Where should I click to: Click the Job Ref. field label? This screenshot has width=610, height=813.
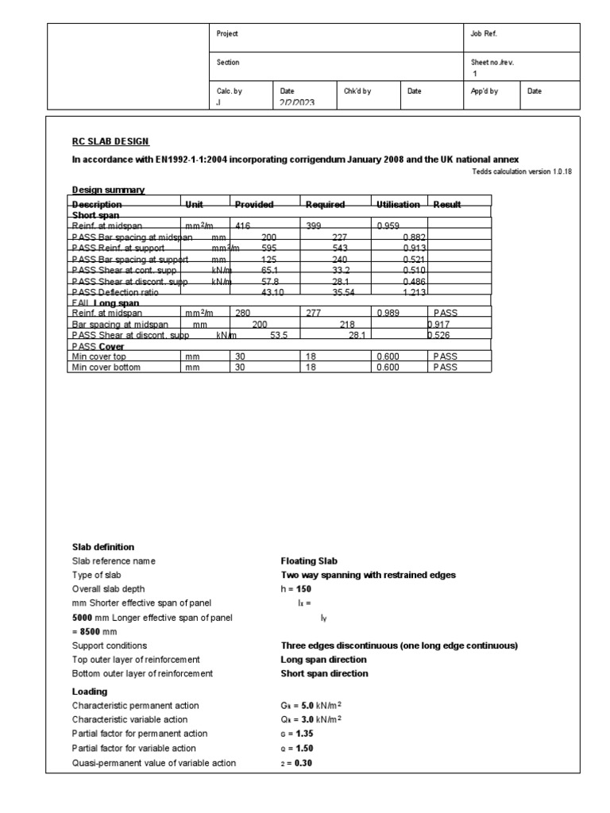pos(485,35)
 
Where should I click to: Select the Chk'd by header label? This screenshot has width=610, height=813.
pos(357,91)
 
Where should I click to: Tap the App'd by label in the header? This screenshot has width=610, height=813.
pos(485,91)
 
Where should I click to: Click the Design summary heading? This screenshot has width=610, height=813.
pos(108,190)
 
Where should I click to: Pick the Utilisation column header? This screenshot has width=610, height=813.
pos(399,205)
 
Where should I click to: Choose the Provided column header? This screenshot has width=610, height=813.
pos(254,205)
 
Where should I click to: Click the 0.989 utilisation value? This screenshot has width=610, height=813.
pos(389,314)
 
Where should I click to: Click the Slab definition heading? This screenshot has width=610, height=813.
pos(103,547)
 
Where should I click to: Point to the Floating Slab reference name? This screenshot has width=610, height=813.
pos(303,561)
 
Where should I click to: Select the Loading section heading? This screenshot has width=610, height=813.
pos(89,692)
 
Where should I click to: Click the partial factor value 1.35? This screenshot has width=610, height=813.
pos(296,734)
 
